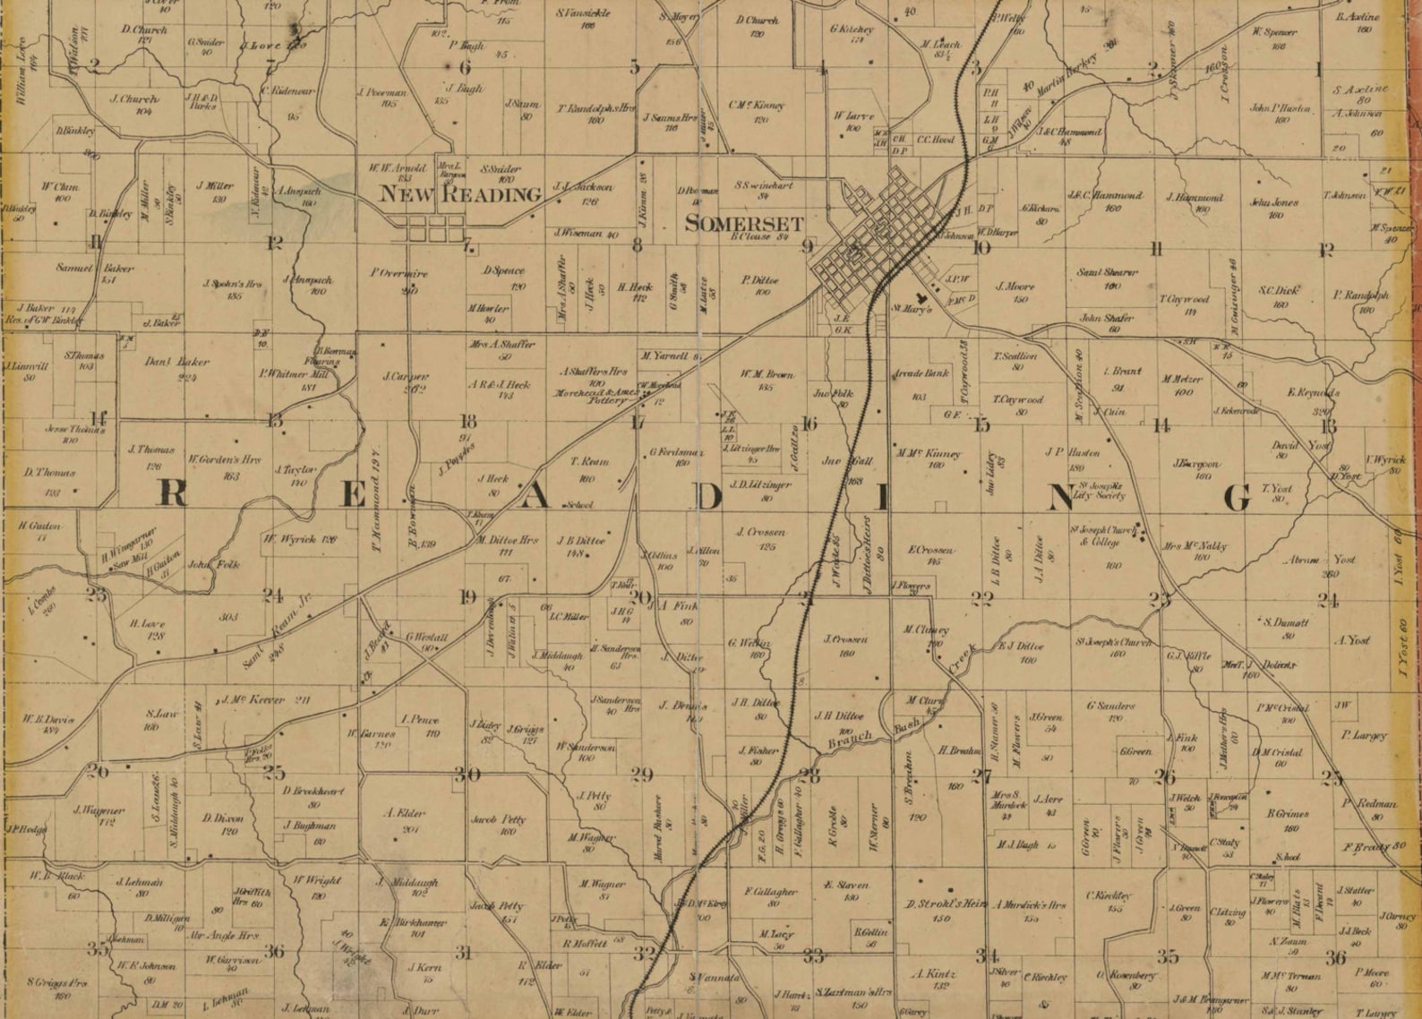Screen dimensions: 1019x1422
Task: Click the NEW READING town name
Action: pyautogui.click(x=461, y=193)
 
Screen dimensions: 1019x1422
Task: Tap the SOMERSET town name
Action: pyautogui.click(x=744, y=224)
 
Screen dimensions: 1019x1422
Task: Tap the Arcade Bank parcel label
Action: pyautogui.click(x=918, y=372)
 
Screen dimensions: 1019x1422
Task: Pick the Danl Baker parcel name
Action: pyautogui.click(x=176, y=363)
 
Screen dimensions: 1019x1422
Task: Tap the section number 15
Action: pyautogui.click(x=982, y=425)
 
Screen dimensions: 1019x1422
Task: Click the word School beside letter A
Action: pyautogui.click(x=579, y=505)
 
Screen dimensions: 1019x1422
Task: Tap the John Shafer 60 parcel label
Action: pyautogui.click(x=1106, y=318)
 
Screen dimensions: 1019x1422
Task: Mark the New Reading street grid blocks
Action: pyautogui.click(x=429, y=229)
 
